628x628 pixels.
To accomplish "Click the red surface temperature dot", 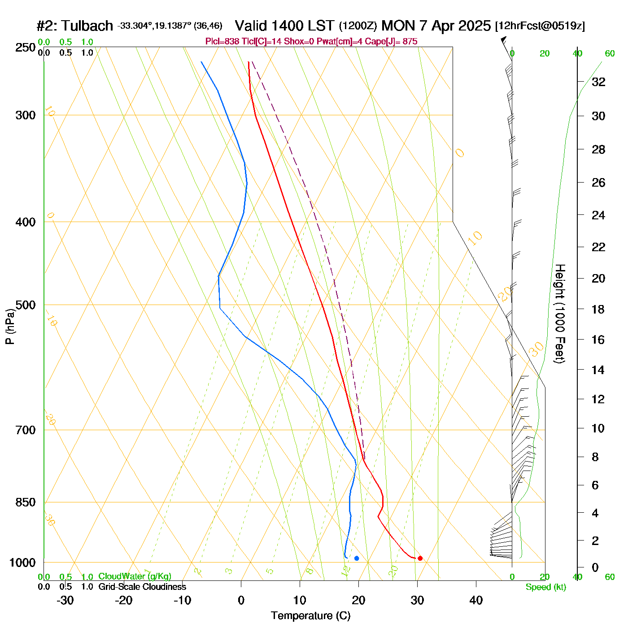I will click(420, 558).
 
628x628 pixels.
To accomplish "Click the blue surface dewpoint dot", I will click(357, 558).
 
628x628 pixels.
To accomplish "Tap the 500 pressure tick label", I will click(26, 305).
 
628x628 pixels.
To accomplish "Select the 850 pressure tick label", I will click(26, 502).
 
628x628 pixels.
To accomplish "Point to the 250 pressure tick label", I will click(26, 48).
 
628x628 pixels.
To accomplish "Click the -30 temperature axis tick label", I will click(65, 600).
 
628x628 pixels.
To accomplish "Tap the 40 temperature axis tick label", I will click(476, 600).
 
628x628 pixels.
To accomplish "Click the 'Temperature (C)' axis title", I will click(310, 616).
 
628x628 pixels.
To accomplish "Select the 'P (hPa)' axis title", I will click(10, 327).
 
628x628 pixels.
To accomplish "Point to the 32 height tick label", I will click(598, 82).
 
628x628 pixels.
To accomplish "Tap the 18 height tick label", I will click(598, 309).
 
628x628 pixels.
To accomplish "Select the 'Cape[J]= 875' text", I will click(395, 42).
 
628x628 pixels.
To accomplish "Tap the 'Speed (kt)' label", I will click(545, 587).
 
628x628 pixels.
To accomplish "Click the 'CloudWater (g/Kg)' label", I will click(135, 576).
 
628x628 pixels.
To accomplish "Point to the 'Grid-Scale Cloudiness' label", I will click(142, 587).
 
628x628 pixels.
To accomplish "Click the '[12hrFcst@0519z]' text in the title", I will click(540, 26).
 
